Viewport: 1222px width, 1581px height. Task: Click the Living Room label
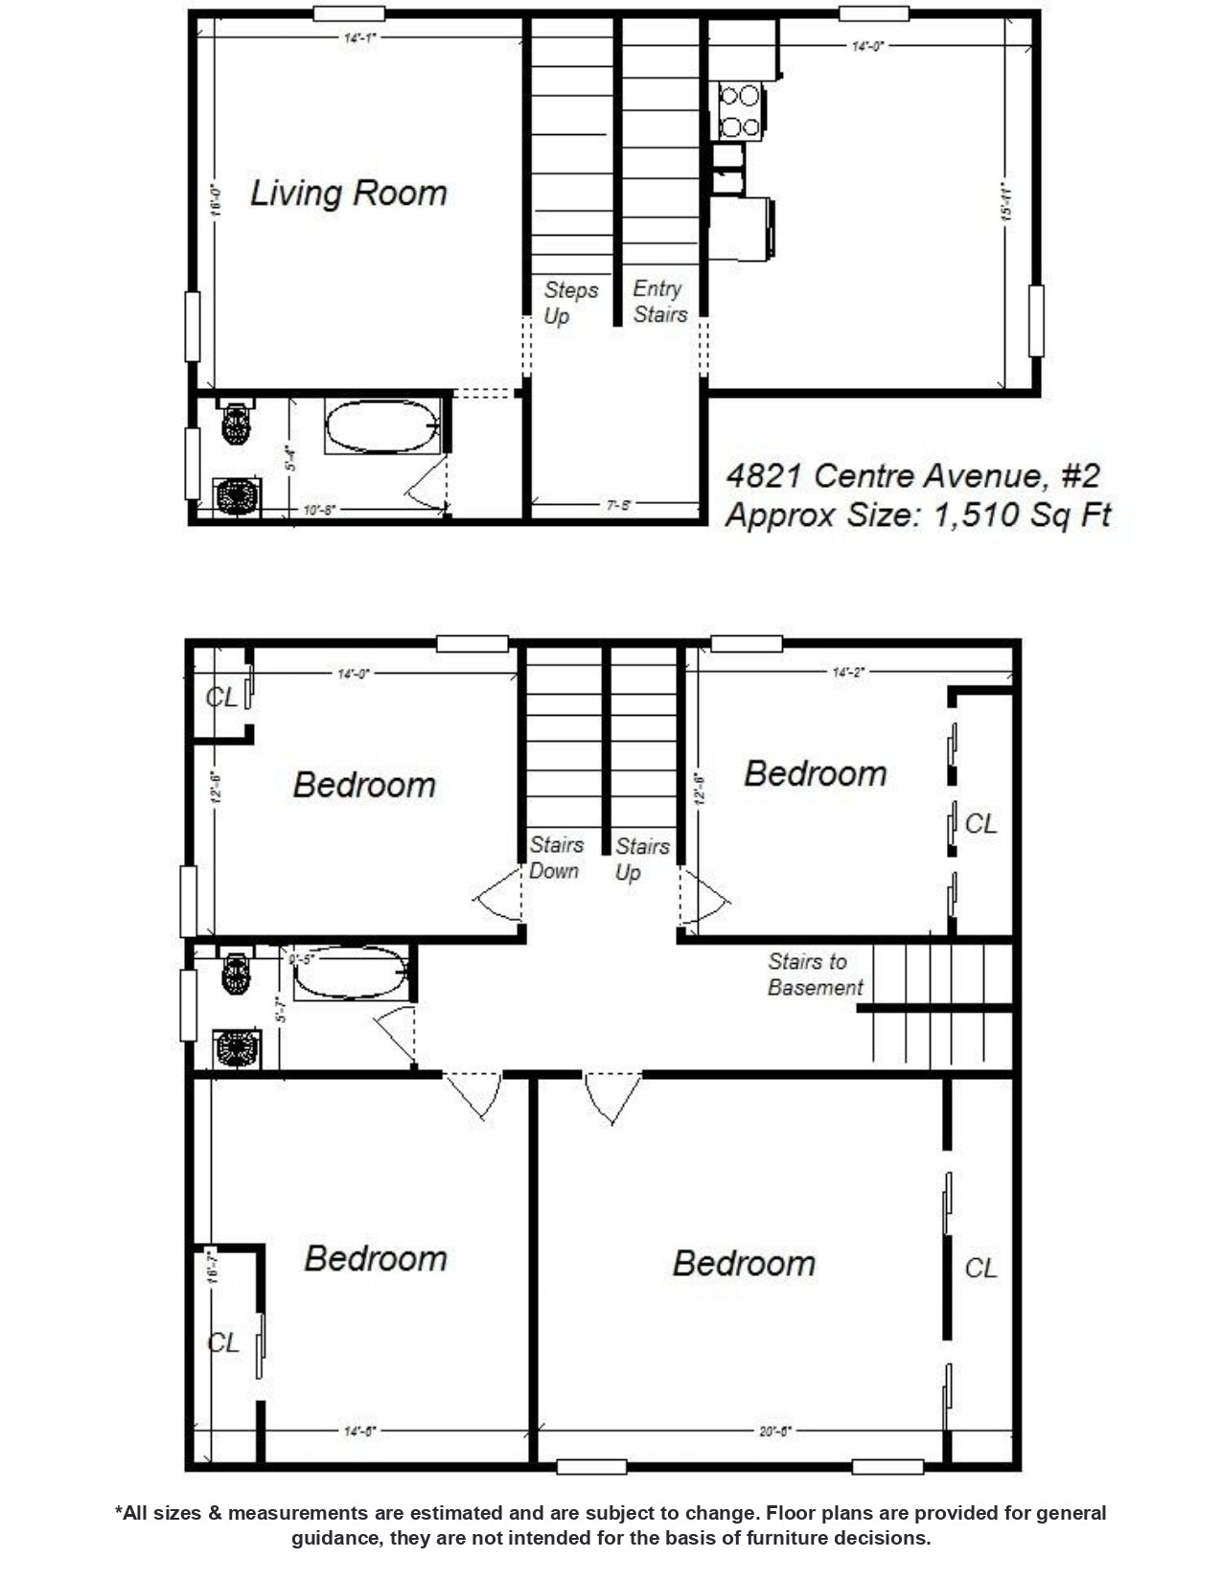pos(348,194)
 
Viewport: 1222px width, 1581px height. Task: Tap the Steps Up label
pos(569,303)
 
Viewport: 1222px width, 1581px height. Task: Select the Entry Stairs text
pos(659,302)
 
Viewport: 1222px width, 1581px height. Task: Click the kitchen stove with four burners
pos(740,110)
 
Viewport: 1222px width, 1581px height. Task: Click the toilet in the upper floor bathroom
pos(236,422)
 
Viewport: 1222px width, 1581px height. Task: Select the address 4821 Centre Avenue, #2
pos(912,475)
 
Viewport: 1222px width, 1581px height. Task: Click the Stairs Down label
pos(555,858)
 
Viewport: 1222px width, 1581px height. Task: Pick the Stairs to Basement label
pos(815,974)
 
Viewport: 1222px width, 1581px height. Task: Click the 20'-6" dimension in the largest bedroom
pos(774,1432)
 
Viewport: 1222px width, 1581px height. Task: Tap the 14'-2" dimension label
pos(848,673)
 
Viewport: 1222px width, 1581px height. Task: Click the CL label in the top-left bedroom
pos(221,697)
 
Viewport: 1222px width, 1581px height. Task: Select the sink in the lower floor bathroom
pos(237,1048)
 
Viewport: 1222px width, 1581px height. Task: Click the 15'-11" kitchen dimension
pos(1007,202)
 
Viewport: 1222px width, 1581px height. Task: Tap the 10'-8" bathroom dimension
pos(319,510)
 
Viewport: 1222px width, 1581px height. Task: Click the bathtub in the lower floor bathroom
pos(350,974)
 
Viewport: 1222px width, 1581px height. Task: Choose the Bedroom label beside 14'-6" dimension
pos(375,1258)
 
